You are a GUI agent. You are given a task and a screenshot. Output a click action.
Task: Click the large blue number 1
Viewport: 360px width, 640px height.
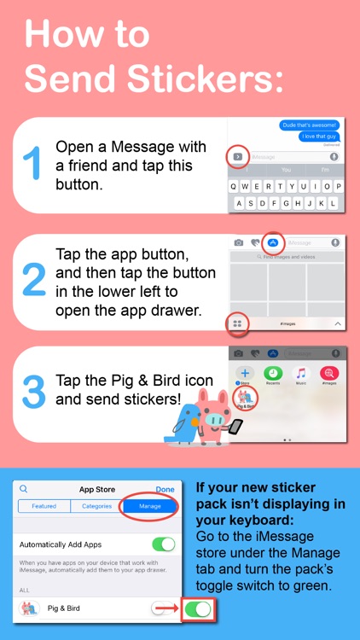(31, 165)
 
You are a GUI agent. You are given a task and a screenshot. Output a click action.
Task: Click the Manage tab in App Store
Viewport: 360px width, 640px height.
(149, 506)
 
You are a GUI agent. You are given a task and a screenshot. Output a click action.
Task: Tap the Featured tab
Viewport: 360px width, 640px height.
(44, 506)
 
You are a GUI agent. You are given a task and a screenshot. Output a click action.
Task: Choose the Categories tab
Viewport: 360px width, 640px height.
(96, 506)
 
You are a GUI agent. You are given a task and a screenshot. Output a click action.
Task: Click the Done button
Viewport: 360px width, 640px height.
(165, 489)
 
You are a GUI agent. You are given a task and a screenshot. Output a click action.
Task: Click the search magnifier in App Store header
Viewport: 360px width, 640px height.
(24, 489)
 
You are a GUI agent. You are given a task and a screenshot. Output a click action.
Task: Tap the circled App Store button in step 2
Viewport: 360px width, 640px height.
(272, 242)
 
